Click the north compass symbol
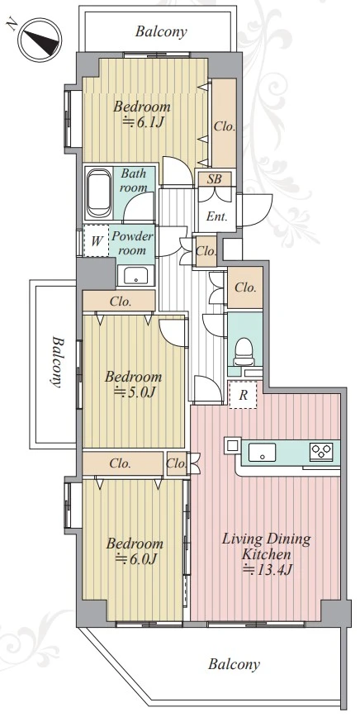pyautogui.click(x=40, y=40)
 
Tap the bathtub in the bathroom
pyautogui.click(x=99, y=193)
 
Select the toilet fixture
pyautogui.click(x=243, y=351)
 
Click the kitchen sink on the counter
pyautogui.click(x=262, y=453)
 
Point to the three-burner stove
pyautogui.click(x=322, y=452)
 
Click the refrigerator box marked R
pyautogui.click(x=243, y=395)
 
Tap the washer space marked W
pyautogui.click(x=97, y=240)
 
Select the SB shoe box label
pyautogui.click(x=214, y=178)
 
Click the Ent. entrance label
pyautogui.click(x=217, y=216)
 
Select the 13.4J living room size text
pyautogui.click(x=268, y=569)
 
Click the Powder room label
pyautogui.click(x=132, y=243)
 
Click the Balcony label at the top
pyautogui.click(x=161, y=31)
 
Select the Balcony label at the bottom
pyautogui.click(x=234, y=664)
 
